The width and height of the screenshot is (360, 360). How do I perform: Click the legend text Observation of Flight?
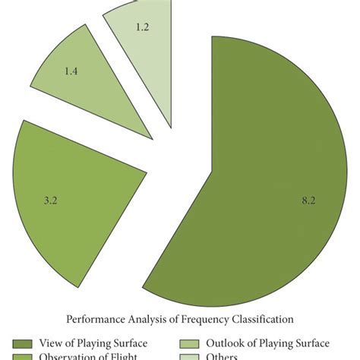pos(91,357)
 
